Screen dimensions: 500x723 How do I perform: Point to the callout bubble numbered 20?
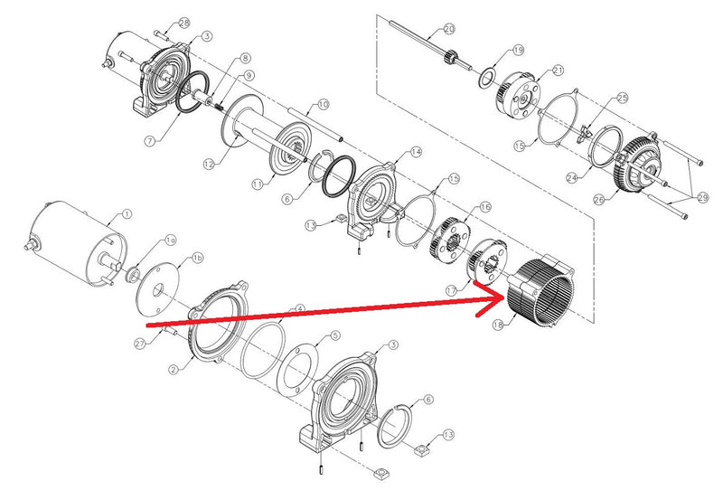450,29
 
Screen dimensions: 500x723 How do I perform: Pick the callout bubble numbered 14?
416,152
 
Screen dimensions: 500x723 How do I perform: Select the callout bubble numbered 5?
334,335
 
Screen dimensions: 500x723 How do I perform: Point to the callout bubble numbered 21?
557,70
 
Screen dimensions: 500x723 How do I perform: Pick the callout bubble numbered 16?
485,207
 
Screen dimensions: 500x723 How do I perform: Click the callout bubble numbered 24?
571,178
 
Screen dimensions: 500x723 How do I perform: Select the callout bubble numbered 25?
622,97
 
